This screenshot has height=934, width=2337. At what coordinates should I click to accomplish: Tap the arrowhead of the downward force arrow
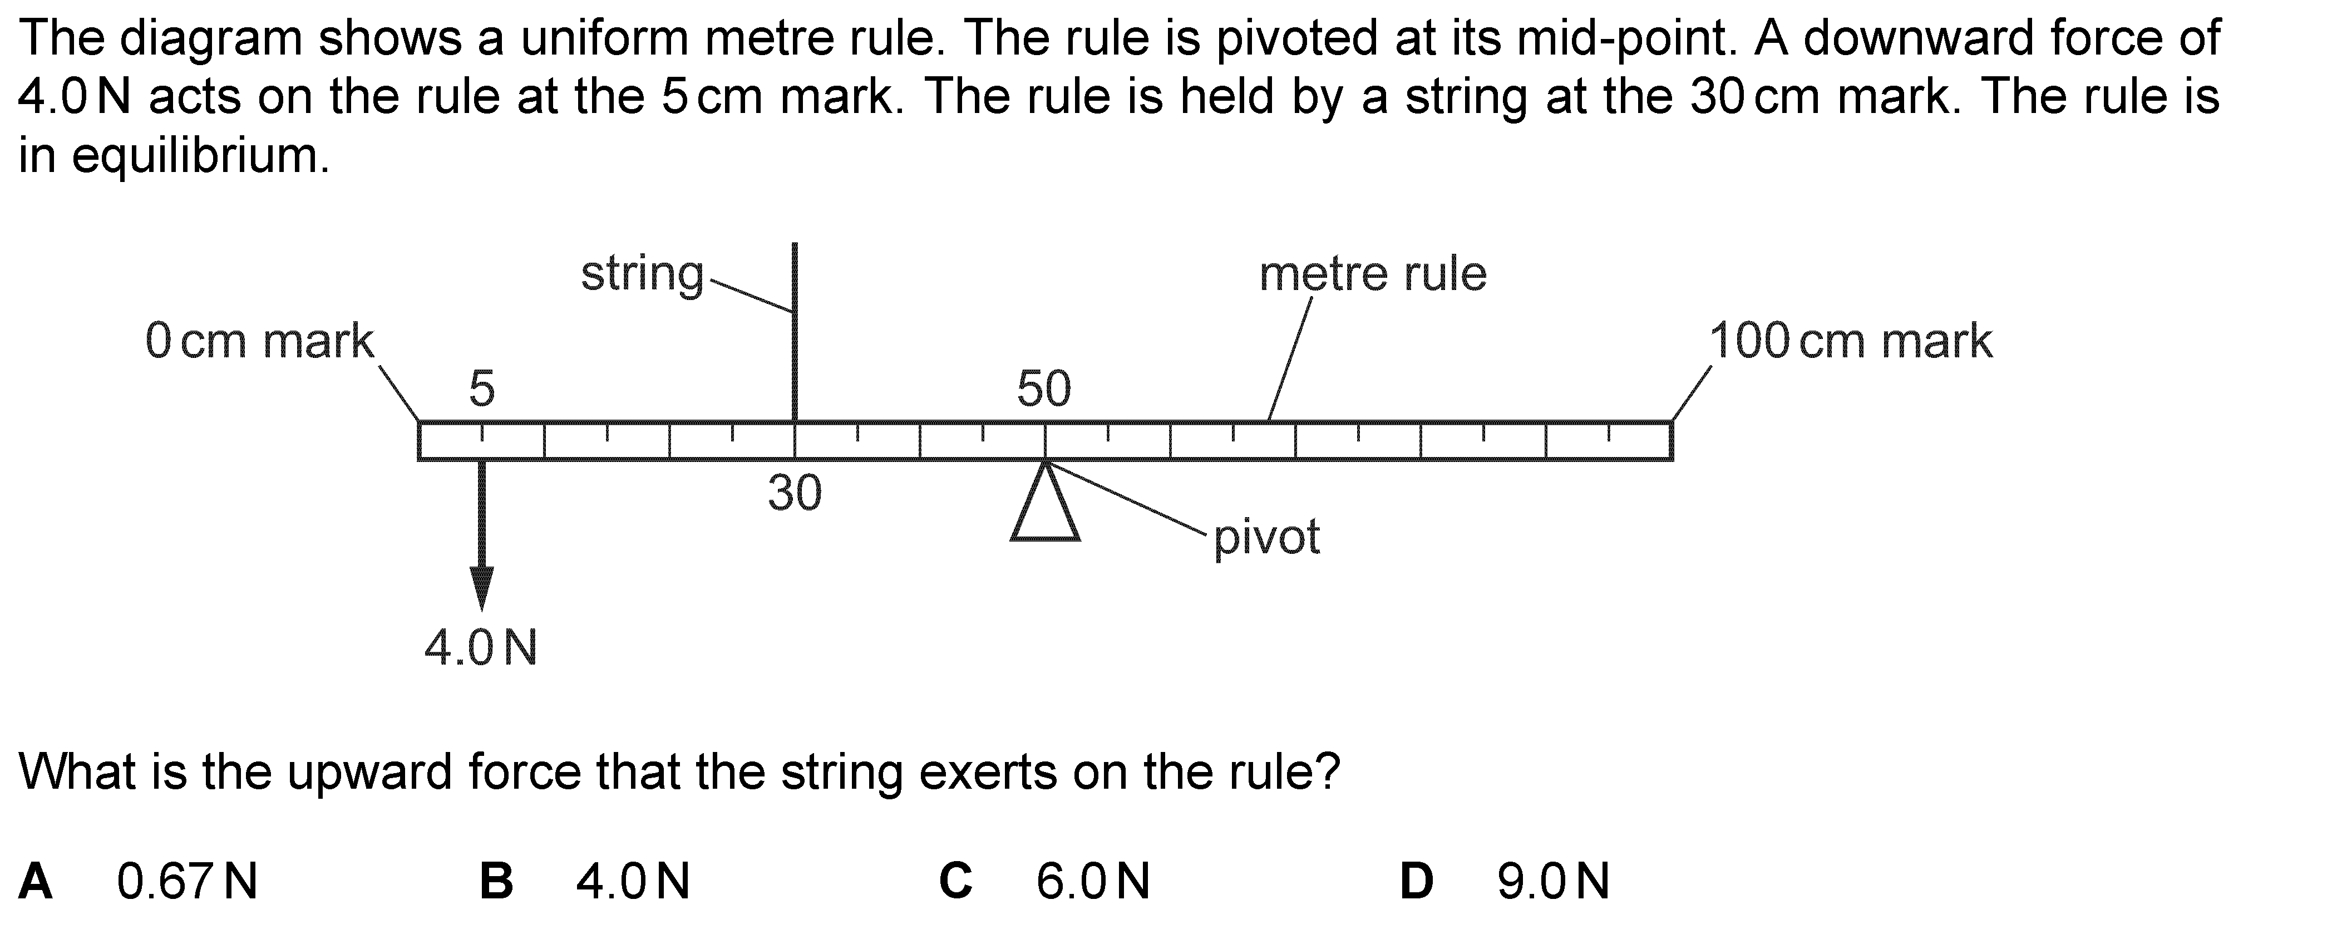pos(482,588)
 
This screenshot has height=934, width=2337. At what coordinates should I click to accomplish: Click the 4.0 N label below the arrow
pos(481,648)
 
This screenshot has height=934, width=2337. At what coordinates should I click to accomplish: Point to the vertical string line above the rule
pos(795,332)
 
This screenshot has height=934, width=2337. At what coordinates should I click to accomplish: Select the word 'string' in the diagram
pos(642,274)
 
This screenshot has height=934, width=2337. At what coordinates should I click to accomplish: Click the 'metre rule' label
pos(1373,273)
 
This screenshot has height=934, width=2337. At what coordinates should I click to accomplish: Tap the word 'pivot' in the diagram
pos(1266,537)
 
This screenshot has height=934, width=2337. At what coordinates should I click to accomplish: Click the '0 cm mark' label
pos(259,341)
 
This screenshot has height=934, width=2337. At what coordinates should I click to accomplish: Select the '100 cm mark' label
pos(1851,341)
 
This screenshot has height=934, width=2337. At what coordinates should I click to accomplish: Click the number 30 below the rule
pos(795,493)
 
